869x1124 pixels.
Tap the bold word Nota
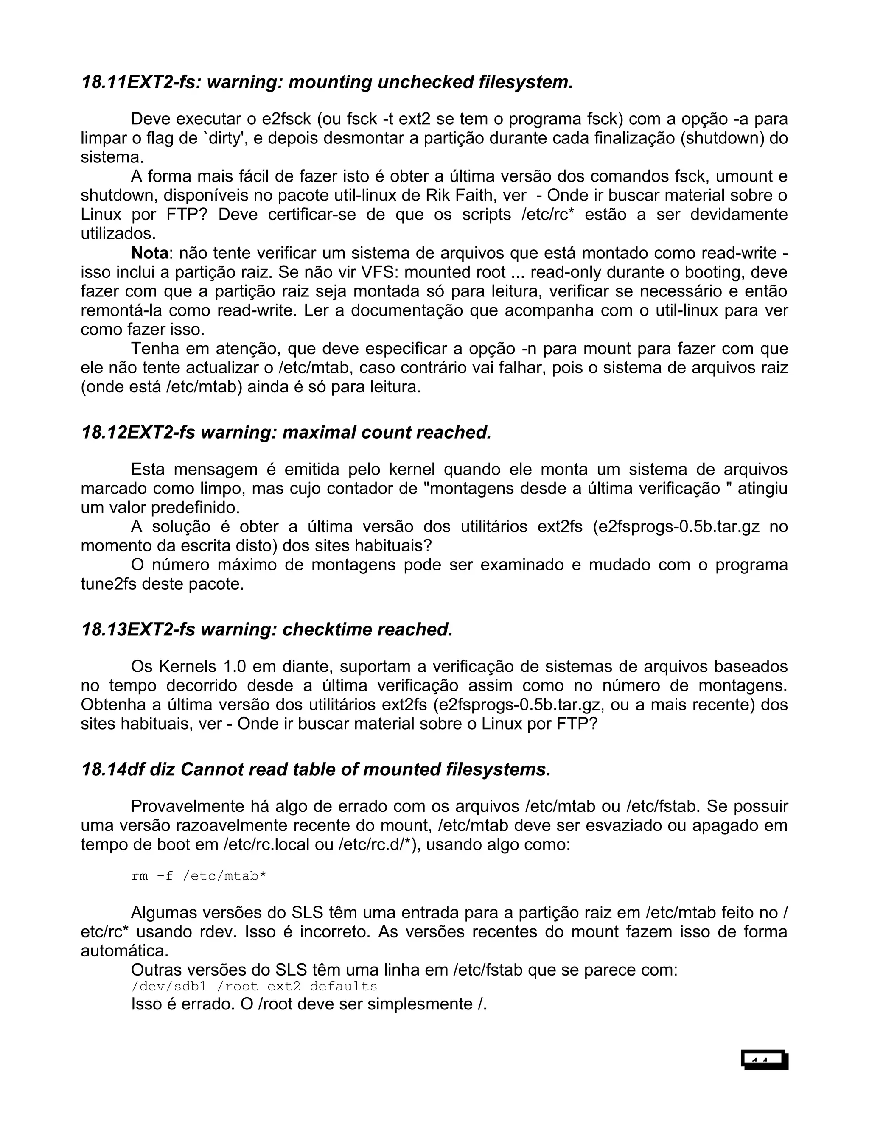pos(150,253)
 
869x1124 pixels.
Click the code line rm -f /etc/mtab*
pos(199,876)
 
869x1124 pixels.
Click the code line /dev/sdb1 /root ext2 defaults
pos(254,987)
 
